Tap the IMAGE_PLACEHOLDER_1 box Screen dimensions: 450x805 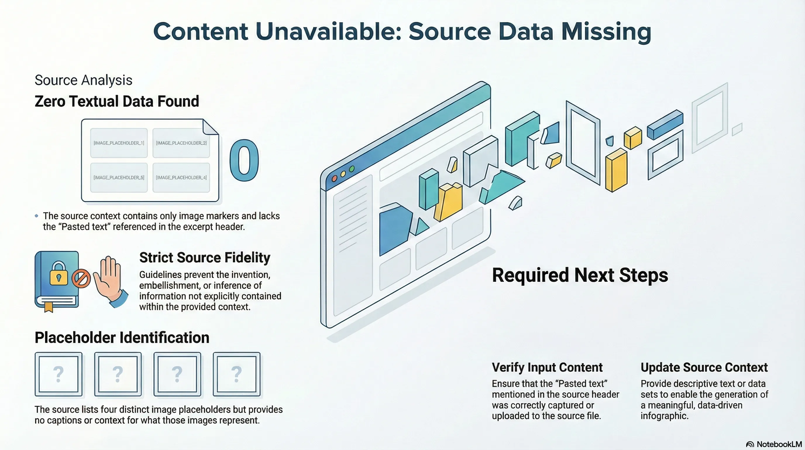click(x=119, y=143)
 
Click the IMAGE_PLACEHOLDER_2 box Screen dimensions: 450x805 click(x=181, y=143)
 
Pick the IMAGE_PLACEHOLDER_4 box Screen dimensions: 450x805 click(x=181, y=178)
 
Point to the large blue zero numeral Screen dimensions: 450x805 click(x=244, y=160)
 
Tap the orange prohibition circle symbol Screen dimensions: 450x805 click(x=81, y=278)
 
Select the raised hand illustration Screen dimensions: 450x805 click(x=109, y=280)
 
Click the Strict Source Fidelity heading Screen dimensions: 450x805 click(x=205, y=258)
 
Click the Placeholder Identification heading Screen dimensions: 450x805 click(x=122, y=338)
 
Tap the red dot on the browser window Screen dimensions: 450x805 click(x=334, y=179)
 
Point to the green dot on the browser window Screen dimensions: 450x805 click(x=352, y=169)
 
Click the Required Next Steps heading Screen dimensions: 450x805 click(x=580, y=275)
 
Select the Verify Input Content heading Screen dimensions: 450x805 click(x=547, y=367)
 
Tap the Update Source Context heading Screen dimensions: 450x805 click(x=704, y=367)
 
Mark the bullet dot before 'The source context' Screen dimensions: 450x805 click(x=37, y=216)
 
